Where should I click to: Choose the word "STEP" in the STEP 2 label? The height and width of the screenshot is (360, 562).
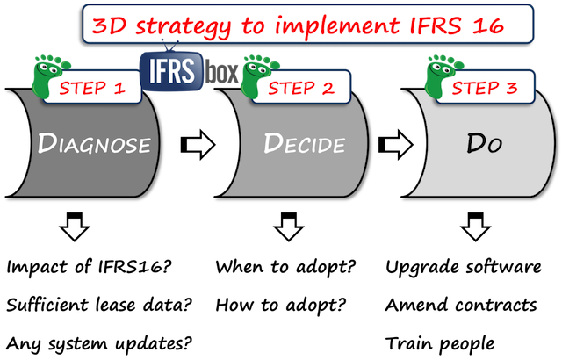(290, 88)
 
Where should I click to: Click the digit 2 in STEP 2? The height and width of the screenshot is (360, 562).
(328, 88)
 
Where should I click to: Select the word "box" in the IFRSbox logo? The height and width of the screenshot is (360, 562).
(222, 75)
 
